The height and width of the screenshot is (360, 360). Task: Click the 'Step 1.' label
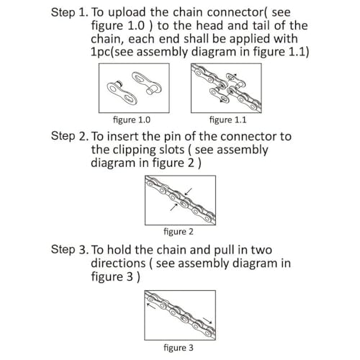pyautogui.click(x=70, y=12)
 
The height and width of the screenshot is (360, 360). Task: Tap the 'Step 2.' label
pyautogui.click(x=70, y=136)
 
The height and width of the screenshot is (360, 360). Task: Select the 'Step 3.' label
pyautogui.click(x=70, y=250)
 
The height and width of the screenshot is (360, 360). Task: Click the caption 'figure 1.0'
pyautogui.click(x=132, y=120)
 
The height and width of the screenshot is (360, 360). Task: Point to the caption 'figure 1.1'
pyautogui.click(x=228, y=120)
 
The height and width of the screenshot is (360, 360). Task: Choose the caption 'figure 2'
pyautogui.click(x=179, y=232)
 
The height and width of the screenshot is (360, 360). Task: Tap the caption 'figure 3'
pyautogui.click(x=179, y=348)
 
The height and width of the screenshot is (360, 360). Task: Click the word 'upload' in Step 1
pyautogui.click(x=127, y=13)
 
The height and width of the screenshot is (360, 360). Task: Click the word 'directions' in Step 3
pyautogui.click(x=118, y=263)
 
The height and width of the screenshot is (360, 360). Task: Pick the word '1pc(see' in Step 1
pyautogui.click(x=112, y=52)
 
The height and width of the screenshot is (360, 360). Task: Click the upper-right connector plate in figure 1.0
pyautogui.click(x=147, y=83)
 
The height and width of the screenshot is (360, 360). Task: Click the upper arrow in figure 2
pyautogui.click(x=188, y=192)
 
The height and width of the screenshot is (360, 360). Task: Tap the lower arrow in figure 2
pyautogui.click(x=174, y=207)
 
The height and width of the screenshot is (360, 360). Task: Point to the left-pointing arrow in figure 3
pyautogui.click(x=151, y=306)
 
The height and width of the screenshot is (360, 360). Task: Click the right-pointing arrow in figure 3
pyautogui.click(x=207, y=320)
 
